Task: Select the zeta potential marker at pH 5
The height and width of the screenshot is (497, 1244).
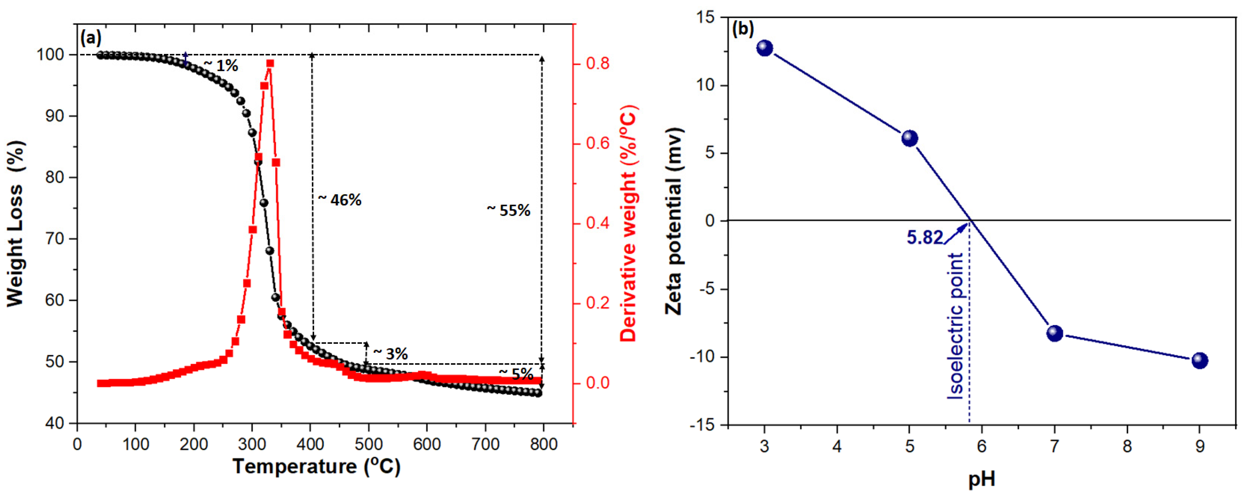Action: click(910, 138)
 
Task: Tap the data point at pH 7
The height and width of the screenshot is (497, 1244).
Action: click(1055, 333)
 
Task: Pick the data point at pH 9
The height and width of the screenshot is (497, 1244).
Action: click(1200, 360)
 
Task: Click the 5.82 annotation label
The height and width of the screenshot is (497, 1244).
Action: click(924, 238)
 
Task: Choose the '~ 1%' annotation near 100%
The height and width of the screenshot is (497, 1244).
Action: click(221, 66)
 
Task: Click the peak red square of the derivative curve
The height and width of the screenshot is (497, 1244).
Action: click(270, 63)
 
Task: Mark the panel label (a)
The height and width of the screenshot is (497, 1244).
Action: click(91, 37)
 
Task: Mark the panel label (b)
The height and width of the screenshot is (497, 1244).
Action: click(743, 29)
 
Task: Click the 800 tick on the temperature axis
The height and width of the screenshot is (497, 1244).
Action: click(544, 444)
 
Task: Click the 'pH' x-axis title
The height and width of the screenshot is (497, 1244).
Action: click(982, 480)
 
